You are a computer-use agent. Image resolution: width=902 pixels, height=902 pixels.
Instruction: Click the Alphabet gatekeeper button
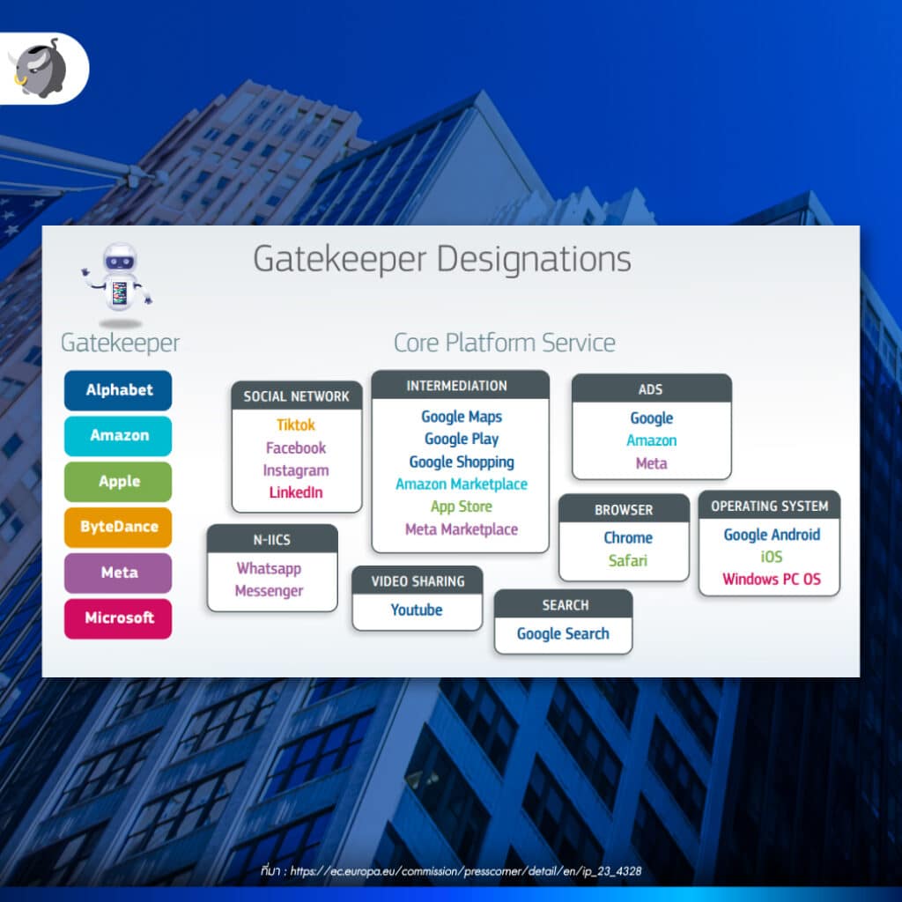click(x=118, y=390)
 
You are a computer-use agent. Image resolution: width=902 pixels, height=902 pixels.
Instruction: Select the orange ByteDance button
click(x=118, y=527)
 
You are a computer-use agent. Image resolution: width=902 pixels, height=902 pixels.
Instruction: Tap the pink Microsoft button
click(x=118, y=618)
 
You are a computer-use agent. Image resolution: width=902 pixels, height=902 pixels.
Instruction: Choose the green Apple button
click(x=118, y=482)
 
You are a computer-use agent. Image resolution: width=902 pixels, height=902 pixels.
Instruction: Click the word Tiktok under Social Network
click(x=296, y=425)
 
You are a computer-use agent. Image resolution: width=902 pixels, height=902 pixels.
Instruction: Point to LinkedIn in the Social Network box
click(x=296, y=492)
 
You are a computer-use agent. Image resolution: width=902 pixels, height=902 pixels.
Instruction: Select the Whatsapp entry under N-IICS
click(x=269, y=568)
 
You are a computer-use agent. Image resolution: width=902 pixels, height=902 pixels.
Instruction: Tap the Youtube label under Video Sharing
click(x=417, y=610)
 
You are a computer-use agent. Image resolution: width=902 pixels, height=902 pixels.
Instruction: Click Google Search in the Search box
click(x=563, y=633)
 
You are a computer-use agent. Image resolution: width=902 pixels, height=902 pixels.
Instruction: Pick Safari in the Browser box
click(x=628, y=560)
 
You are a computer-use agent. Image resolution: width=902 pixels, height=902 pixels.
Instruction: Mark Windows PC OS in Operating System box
click(x=771, y=580)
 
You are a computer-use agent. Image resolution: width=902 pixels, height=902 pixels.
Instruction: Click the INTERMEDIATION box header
click(x=456, y=386)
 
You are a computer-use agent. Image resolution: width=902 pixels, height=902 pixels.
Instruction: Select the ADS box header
click(x=651, y=389)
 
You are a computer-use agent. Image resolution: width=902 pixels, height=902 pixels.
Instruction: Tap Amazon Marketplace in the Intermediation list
click(x=462, y=484)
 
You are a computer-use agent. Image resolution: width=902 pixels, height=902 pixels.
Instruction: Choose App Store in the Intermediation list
click(x=462, y=506)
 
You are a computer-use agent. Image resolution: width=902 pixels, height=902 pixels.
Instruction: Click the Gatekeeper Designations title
click(x=442, y=260)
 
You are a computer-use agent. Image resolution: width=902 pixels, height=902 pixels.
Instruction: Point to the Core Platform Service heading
click(x=504, y=343)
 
